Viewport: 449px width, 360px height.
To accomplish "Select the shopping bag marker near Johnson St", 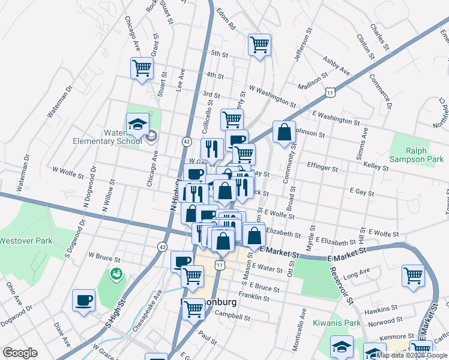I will pos(284,131).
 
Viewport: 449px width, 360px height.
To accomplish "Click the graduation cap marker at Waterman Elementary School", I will pos(137,124).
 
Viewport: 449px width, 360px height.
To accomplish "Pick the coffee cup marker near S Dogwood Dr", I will pos(84,299).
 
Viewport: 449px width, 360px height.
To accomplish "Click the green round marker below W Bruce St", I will pos(116,274).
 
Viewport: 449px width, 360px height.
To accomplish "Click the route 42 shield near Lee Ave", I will pos(187,141).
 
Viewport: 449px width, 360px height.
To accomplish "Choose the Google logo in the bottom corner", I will pos(20,353).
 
